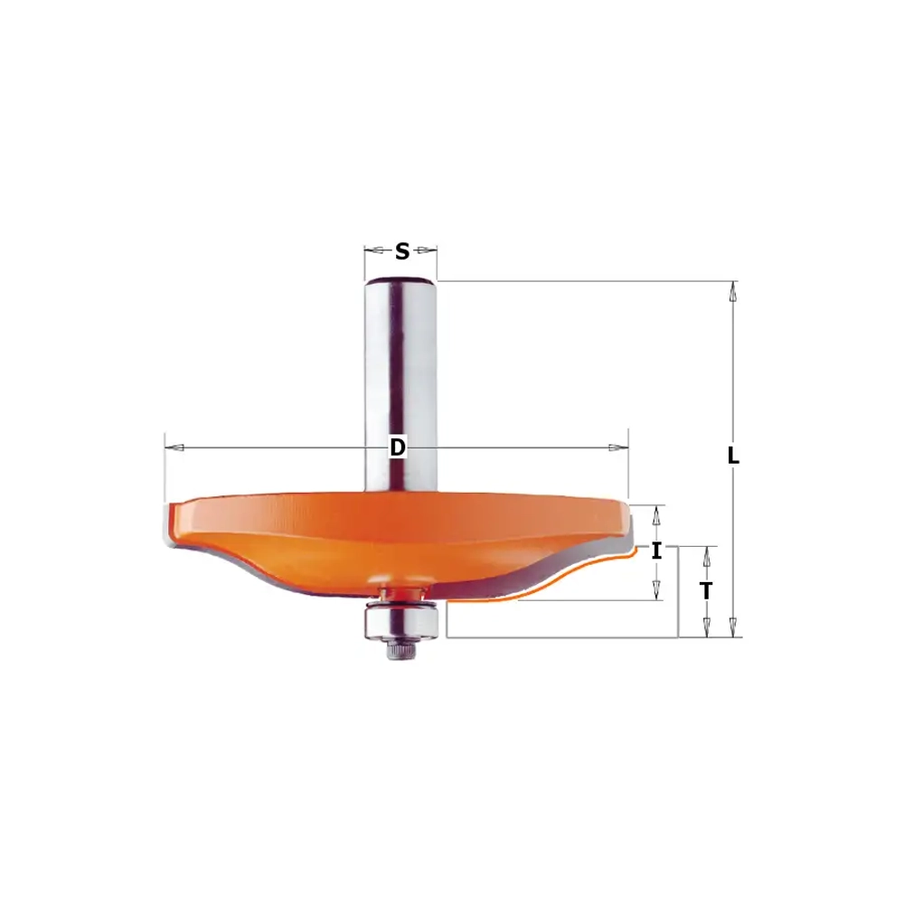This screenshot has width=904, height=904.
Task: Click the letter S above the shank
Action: [402, 251]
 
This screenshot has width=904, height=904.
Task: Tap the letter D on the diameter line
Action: [398, 447]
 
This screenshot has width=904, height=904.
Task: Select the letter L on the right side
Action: [733, 456]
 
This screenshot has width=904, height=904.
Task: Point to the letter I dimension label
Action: [656, 551]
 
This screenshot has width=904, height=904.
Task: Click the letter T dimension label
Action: [706, 591]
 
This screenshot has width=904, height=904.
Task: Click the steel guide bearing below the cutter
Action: [401, 621]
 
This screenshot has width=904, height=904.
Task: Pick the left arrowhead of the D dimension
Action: [174, 447]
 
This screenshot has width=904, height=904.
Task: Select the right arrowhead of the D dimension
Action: [618, 447]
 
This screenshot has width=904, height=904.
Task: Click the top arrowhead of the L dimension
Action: [733, 291]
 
